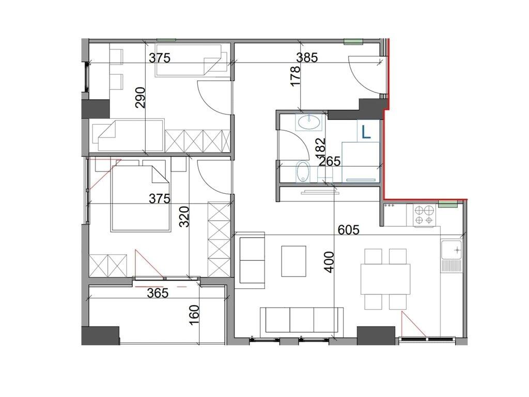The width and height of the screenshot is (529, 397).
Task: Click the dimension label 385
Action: click(x=307, y=58)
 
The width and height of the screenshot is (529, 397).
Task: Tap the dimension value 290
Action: click(x=141, y=98)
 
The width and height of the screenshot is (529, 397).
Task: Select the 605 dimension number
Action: click(x=349, y=230)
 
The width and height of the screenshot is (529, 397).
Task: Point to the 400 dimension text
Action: click(x=329, y=262)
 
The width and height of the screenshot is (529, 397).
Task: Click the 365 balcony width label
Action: click(x=158, y=293)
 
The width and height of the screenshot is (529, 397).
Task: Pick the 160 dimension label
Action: click(x=195, y=315)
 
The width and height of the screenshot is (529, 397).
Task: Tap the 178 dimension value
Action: click(x=295, y=77)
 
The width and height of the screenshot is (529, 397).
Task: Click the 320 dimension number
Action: click(x=185, y=217)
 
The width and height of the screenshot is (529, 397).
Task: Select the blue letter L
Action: click(x=366, y=132)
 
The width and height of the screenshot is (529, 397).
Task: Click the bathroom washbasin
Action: click(x=310, y=122)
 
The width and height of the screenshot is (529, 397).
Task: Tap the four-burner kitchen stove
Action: click(x=424, y=216)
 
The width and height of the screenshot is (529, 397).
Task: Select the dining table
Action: click(x=385, y=279)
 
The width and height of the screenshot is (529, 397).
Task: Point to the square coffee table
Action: click(x=294, y=261)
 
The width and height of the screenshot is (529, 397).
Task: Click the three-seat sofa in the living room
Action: click(x=302, y=320)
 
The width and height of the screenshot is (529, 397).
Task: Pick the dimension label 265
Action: click(x=330, y=161)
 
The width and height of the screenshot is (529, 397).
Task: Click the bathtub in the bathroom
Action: click(x=303, y=172)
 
